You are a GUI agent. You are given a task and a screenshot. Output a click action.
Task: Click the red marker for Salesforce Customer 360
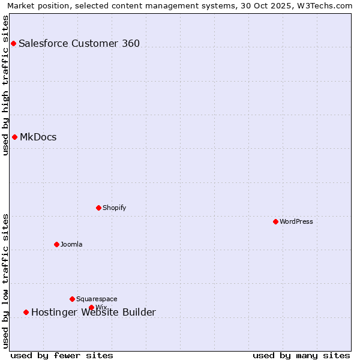[13, 43]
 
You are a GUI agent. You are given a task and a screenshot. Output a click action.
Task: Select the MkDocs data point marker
[14, 137]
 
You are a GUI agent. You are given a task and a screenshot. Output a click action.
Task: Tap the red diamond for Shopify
[98, 208]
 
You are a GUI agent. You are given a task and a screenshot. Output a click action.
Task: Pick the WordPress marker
[275, 221]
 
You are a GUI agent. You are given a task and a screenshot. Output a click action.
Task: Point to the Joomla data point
[56, 244]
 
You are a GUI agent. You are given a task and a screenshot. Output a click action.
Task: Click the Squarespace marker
[72, 299]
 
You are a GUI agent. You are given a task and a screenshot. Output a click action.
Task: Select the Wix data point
[91, 307]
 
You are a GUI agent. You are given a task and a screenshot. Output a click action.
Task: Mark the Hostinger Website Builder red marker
[26, 312]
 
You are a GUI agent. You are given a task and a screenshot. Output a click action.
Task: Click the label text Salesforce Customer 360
[79, 43]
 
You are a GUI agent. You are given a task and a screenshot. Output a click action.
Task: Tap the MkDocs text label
[38, 137]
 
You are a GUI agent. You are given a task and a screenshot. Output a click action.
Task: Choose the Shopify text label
[115, 208]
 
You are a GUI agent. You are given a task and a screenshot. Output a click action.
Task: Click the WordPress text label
[296, 221]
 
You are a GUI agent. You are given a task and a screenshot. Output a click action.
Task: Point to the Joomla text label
[71, 244]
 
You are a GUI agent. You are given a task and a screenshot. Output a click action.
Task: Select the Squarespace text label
[97, 299]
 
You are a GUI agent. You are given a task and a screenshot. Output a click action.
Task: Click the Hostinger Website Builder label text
[94, 312]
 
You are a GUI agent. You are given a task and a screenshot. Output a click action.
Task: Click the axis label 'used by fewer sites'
[62, 355]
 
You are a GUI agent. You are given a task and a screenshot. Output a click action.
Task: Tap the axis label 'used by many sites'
[301, 355]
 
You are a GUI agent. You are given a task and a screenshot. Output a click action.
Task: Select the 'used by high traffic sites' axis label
[5, 85]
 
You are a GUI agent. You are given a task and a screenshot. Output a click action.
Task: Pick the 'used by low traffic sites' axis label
[5, 280]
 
